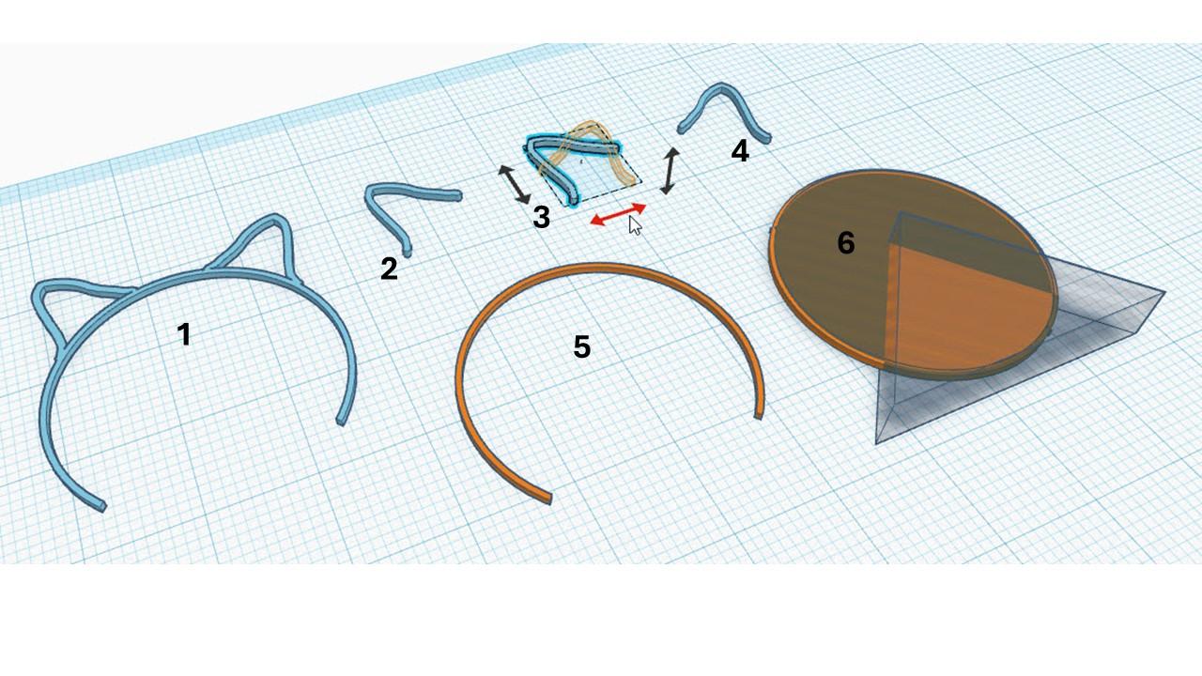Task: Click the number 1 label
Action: coord(184,334)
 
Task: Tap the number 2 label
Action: coord(389,269)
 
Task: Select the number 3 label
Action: coord(542,217)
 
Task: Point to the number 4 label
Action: coord(740,151)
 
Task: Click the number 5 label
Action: coord(582,346)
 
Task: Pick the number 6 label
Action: coord(846,242)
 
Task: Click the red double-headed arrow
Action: coord(618,214)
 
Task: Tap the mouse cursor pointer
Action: coord(635,225)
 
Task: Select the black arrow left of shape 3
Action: coord(515,184)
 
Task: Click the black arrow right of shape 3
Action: coord(670,171)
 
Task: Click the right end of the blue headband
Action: coord(341,422)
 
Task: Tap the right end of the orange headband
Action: coord(758,416)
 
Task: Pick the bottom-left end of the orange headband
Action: coord(547,500)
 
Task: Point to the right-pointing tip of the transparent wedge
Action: coord(1165,292)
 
